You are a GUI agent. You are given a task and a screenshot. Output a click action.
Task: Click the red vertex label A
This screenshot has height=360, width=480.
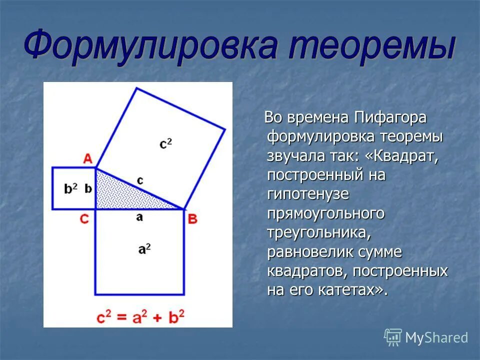(87, 159)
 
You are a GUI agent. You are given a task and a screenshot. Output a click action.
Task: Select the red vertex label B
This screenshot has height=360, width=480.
(192, 218)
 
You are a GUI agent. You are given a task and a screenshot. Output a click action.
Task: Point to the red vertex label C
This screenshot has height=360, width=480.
(85, 219)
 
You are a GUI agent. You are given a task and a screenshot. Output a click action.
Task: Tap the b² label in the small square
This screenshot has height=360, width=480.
(71, 189)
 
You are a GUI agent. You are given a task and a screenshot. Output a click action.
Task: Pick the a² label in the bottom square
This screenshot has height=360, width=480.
(144, 248)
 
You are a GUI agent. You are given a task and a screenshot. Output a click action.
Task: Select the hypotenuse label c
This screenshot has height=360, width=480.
(140, 180)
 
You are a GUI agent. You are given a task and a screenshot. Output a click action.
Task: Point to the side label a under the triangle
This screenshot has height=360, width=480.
(139, 217)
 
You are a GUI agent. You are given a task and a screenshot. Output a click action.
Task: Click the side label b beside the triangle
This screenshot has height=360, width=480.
(88, 188)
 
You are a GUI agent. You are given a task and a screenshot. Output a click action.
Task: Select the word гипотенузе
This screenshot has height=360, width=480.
(308, 194)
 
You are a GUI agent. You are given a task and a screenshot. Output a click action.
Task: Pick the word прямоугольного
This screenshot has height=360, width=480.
(326, 214)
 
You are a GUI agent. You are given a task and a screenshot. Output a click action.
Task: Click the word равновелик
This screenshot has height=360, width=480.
(310, 252)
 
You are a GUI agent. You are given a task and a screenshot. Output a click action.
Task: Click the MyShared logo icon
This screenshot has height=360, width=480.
(393, 337)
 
